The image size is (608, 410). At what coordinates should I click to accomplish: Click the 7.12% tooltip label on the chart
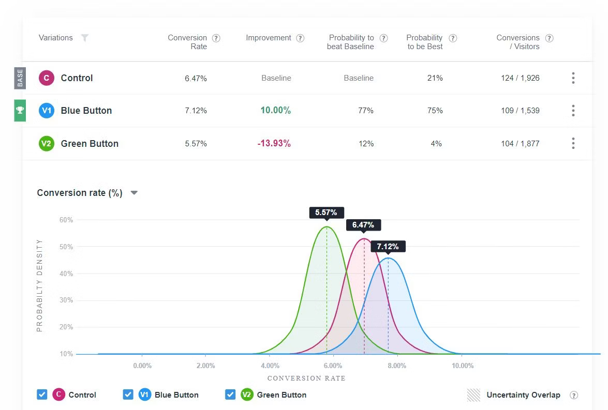388,246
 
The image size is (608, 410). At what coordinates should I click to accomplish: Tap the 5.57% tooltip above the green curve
327,212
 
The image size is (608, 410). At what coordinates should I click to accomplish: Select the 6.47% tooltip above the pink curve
363,225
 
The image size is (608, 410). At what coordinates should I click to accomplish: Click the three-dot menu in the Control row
573,78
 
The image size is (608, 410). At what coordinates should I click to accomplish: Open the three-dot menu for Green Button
573,143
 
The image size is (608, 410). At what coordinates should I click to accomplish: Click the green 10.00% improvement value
275,111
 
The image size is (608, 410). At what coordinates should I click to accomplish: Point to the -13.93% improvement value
274,144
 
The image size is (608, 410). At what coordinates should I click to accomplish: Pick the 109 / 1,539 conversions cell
520,111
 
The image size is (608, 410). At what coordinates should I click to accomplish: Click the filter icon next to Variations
85,38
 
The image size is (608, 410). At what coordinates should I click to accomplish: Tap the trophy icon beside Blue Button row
20,110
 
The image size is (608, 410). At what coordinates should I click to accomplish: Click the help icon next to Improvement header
300,38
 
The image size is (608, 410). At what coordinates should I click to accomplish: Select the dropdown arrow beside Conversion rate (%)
134,193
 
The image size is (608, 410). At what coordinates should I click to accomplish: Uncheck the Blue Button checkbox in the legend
128,394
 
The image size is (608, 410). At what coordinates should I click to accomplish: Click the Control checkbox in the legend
42,394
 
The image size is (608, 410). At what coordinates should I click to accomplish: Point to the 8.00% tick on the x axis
397,366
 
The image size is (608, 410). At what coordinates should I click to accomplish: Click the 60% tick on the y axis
66,220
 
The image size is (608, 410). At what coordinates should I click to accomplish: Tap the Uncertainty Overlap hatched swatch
473,395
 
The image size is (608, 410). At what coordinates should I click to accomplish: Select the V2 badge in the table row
47,143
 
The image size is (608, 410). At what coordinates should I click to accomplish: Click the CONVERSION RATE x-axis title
306,378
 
